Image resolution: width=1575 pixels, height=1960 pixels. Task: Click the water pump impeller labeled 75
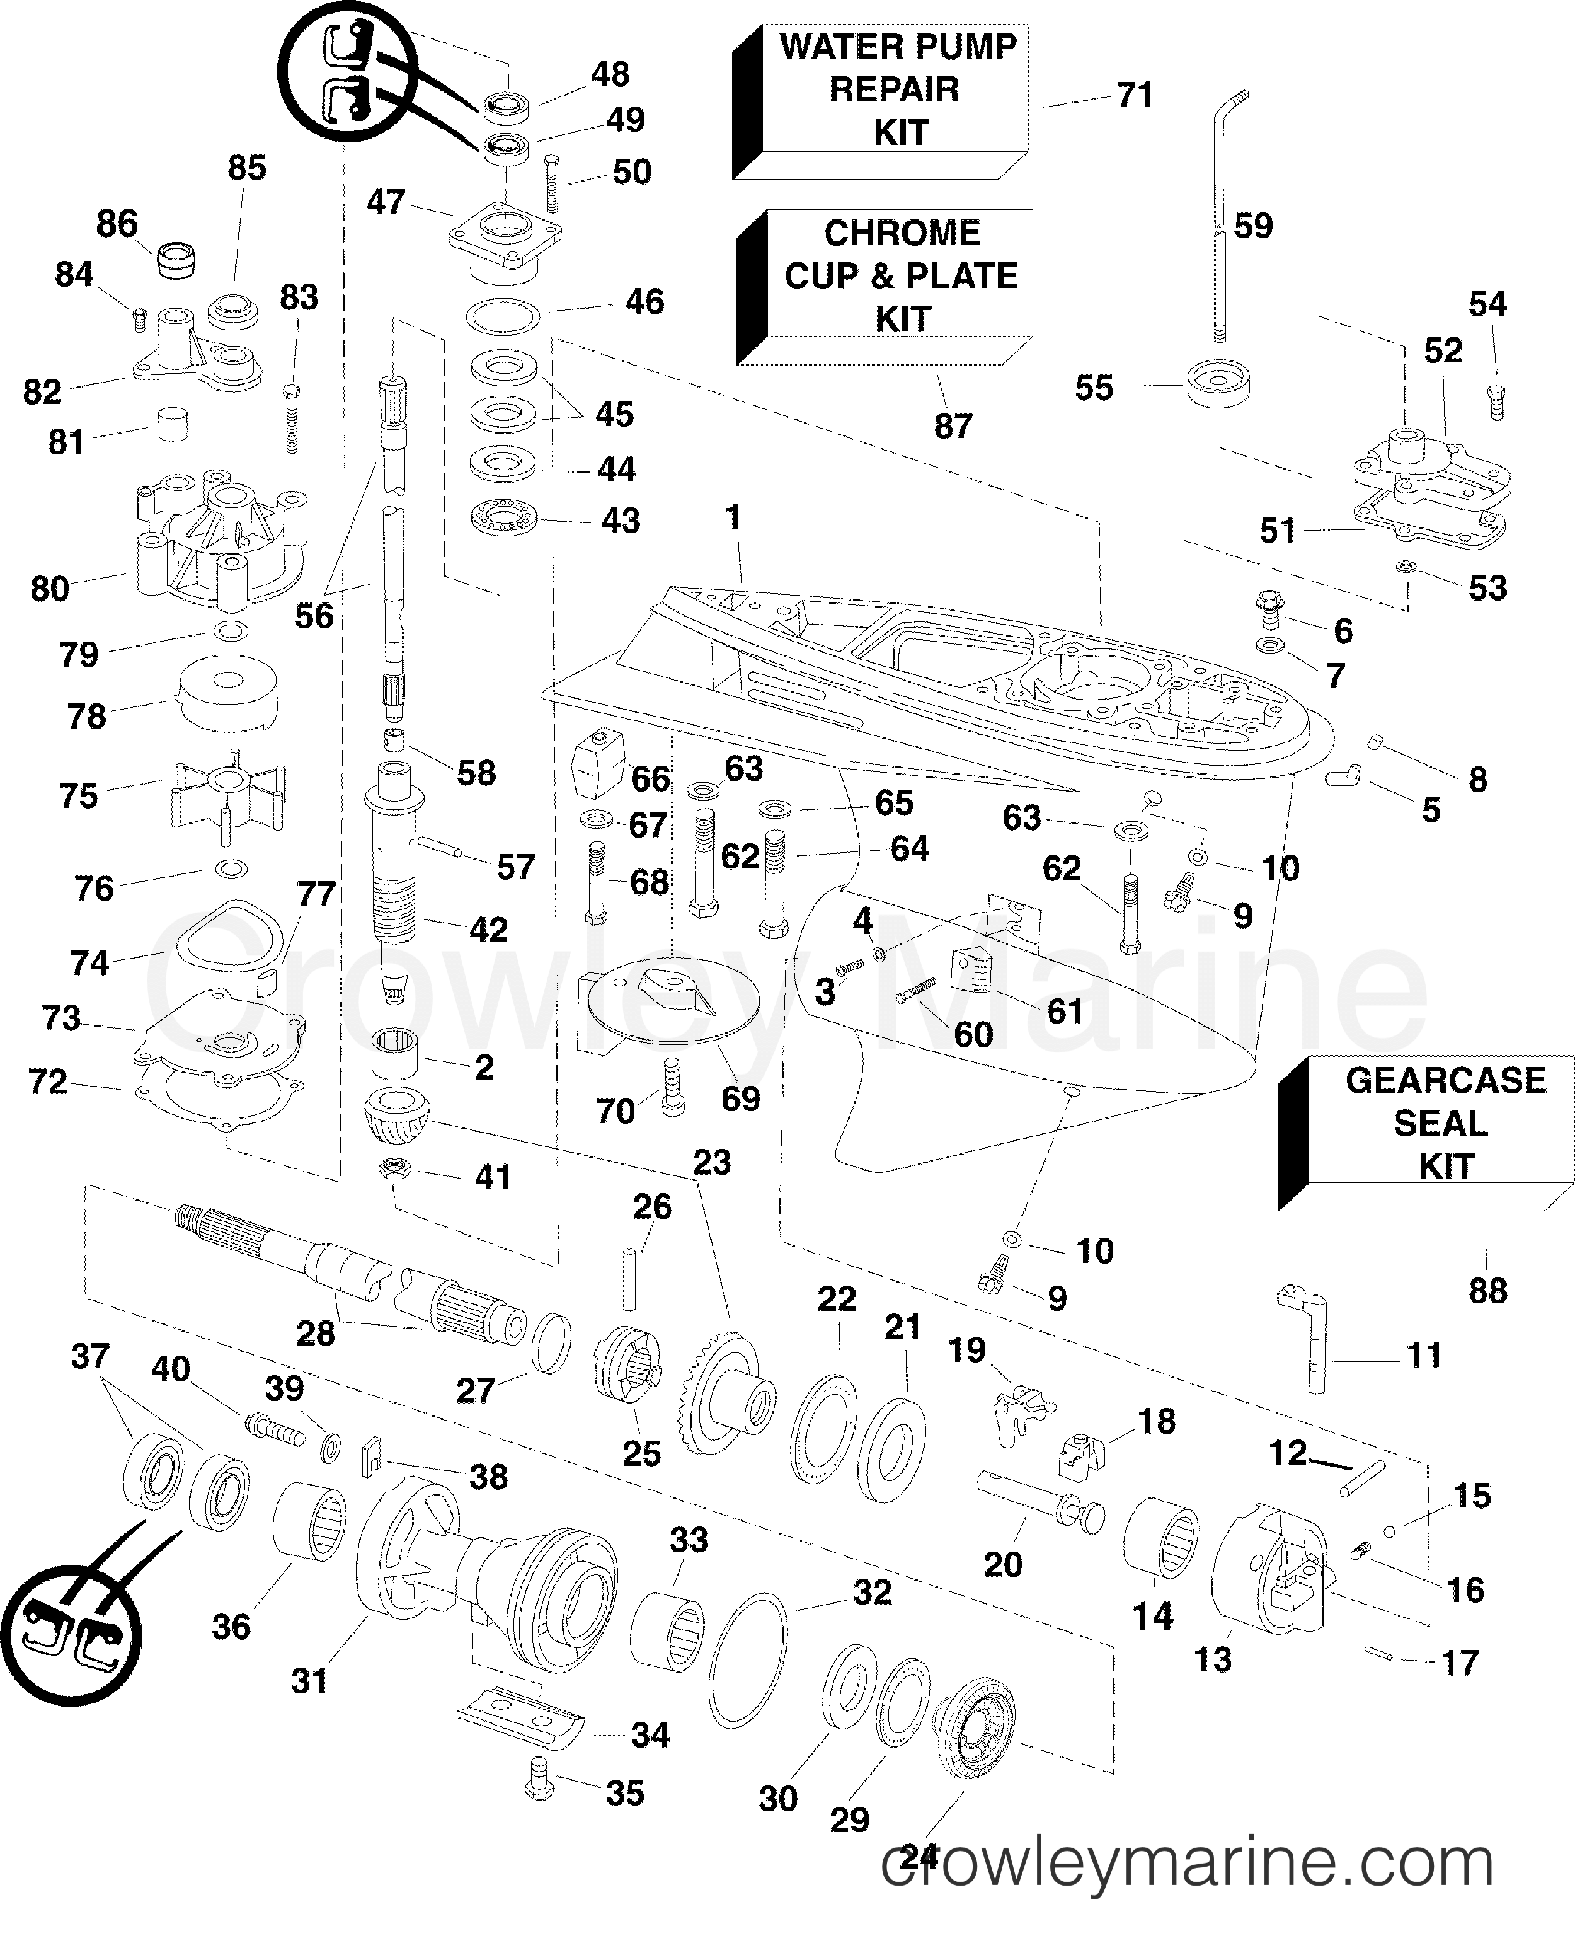[227, 789]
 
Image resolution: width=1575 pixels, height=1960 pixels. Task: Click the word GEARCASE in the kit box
[1445, 1080]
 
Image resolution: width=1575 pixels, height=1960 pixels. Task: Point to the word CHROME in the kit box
[902, 234]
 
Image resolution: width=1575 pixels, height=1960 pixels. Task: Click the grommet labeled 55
[1218, 386]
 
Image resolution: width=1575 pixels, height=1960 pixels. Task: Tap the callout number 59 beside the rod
[1252, 226]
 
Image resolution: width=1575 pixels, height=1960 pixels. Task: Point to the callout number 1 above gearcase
[733, 517]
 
